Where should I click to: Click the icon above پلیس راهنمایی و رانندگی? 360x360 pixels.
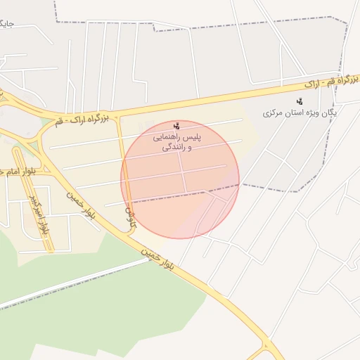[x=176, y=126]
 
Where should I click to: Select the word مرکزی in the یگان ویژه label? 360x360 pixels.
[x=273, y=112]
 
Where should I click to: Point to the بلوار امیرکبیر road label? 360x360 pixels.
[x=40, y=214]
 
